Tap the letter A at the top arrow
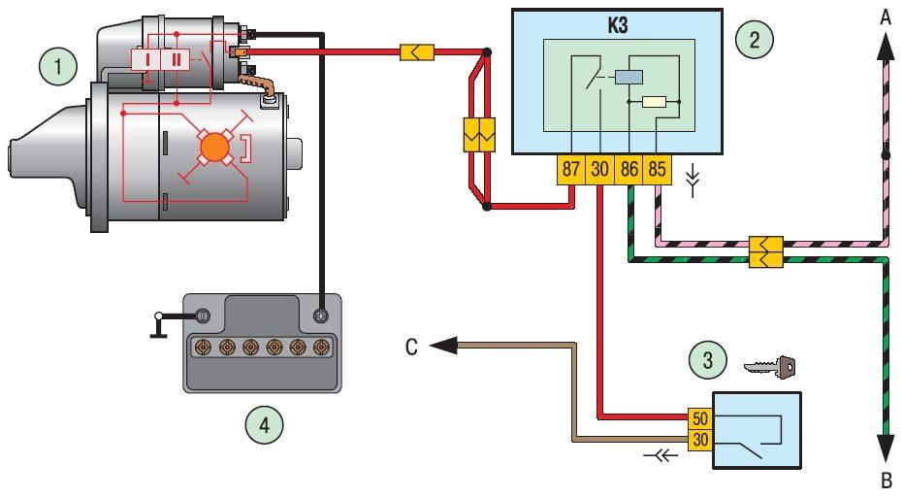tap(885, 16)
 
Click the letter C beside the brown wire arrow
tap(411, 346)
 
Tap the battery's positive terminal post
tap(321, 315)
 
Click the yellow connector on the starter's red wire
tap(416, 50)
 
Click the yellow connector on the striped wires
tap(765, 250)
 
